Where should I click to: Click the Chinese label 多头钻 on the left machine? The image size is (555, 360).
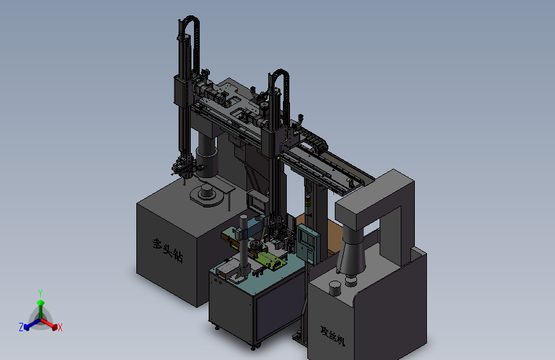[168, 250]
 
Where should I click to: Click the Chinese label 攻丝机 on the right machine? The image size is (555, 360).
[332, 336]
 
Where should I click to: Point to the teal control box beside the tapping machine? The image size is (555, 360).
[308, 243]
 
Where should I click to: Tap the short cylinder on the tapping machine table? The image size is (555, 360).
[335, 288]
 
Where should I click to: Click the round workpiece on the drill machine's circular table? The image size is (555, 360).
[206, 193]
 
